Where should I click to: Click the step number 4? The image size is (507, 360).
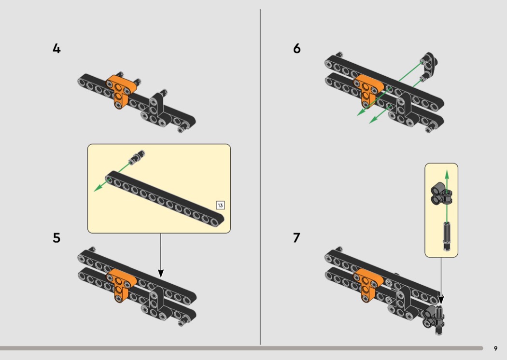click(x=56, y=48)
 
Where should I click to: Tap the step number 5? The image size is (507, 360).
click(x=56, y=238)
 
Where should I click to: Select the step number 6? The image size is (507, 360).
click(x=297, y=48)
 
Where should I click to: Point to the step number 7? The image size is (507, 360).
click(x=296, y=238)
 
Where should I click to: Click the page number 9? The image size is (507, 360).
click(x=496, y=348)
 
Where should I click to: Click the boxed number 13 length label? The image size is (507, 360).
click(x=220, y=205)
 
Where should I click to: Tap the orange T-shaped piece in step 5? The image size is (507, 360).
click(x=121, y=284)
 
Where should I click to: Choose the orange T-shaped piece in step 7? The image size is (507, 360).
click(x=368, y=284)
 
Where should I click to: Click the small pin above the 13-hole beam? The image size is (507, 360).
click(x=137, y=156)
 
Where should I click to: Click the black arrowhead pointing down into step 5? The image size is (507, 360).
click(x=161, y=274)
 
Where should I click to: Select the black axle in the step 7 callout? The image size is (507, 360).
click(x=447, y=236)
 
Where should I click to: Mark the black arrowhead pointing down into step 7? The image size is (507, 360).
click(x=441, y=300)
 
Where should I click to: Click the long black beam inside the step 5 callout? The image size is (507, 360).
click(x=165, y=199)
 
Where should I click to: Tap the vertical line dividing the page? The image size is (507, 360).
click(x=260, y=177)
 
